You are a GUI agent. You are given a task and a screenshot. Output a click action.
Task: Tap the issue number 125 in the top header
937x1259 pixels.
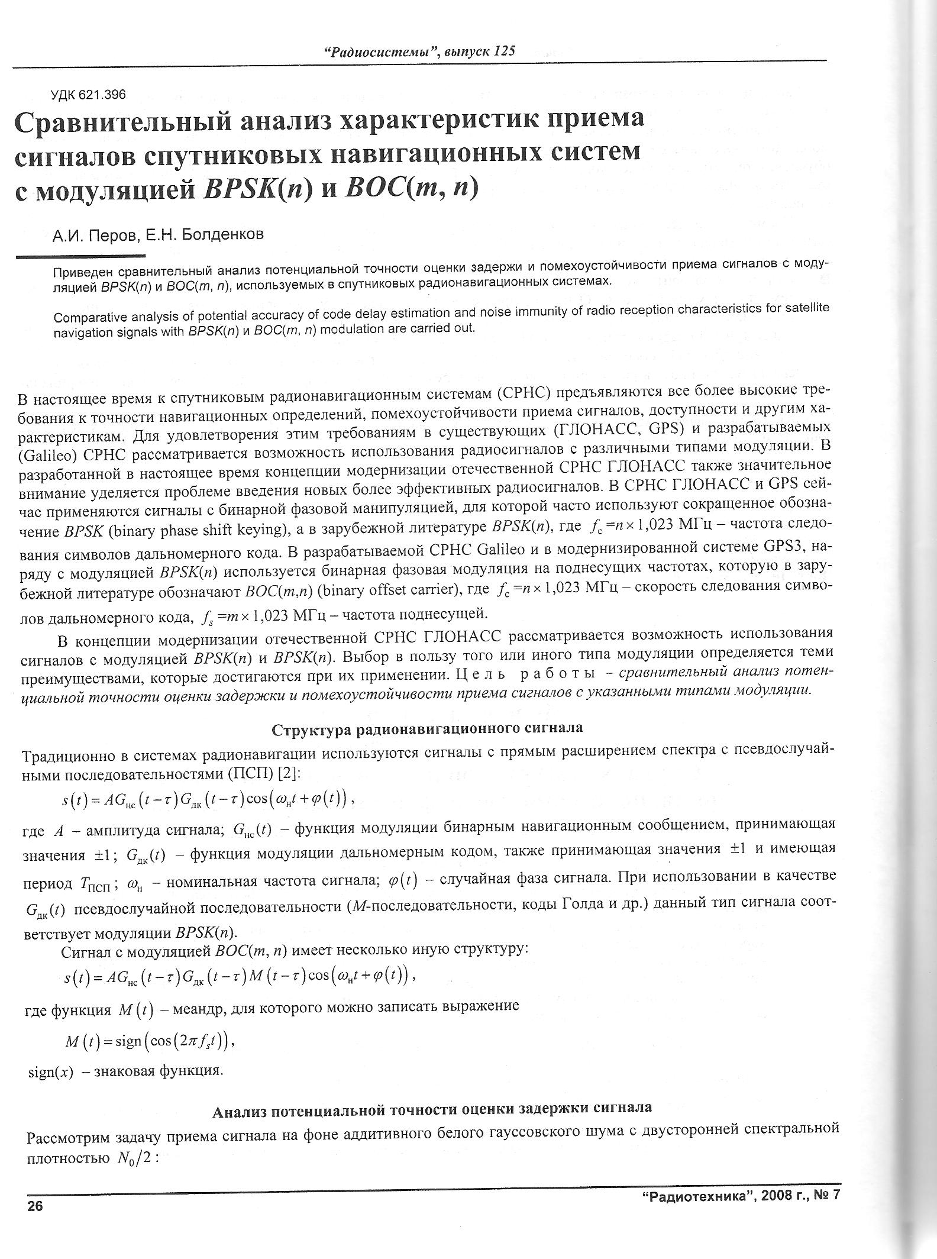(504, 51)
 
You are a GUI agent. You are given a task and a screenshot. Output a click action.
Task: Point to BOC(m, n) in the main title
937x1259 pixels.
(411, 189)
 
